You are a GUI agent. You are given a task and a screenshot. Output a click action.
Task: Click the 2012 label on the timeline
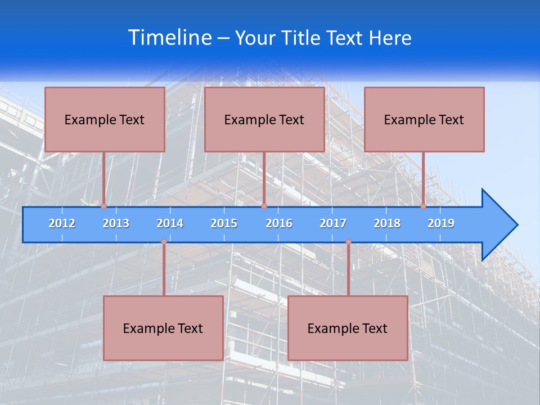pyautogui.click(x=62, y=223)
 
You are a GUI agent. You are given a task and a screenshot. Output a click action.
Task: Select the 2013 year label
pyautogui.click(x=116, y=223)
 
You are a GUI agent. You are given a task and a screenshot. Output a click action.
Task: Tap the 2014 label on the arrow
pyautogui.click(x=170, y=223)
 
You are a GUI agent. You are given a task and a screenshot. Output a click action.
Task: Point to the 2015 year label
pyautogui.click(x=224, y=223)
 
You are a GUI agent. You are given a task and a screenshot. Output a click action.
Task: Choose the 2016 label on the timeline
pyautogui.click(x=279, y=223)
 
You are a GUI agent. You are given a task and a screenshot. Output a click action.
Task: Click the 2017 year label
pyautogui.click(x=333, y=223)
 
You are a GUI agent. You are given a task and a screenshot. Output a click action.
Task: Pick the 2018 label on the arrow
pyautogui.click(x=387, y=223)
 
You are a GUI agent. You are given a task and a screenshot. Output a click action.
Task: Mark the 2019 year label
pyautogui.click(x=441, y=223)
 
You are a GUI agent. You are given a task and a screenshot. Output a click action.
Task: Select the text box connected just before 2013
pyautogui.click(x=105, y=119)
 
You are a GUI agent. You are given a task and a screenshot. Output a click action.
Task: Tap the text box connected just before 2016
pyautogui.click(x=264, y=119)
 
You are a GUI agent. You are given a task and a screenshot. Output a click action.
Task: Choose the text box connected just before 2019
pyautogui.click(x=424, y=119)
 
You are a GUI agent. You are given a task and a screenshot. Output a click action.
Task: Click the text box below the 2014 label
pyautogui.click(x=163, y=328)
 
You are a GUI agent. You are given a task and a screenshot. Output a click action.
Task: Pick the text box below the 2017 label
pyautogui.click(x=348, y=328)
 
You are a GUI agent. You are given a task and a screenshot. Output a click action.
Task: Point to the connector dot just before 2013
pyautogui.click(x=104, y=206)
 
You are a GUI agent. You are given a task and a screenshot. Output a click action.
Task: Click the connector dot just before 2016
pyautogui.click(x=264, y=206)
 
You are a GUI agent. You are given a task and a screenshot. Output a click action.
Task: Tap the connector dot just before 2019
pyautogui.click(x=424, y=206)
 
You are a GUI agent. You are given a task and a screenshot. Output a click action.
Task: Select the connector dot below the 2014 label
pyautogui.click(x=164, y=242)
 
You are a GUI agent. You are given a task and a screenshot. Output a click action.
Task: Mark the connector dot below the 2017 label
pyautogui.click(x=348, y=242)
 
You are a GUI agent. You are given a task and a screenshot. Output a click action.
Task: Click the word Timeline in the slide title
pyautogui.click(x=170, y=37)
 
